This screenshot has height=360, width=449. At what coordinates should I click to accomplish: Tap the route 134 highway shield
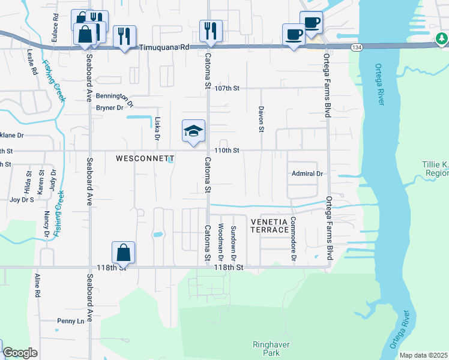click(x=357, y=47)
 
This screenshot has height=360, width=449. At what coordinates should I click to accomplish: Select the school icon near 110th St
click(x=194, y=132)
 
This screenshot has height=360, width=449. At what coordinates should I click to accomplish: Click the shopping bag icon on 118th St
click(x=123, y=253)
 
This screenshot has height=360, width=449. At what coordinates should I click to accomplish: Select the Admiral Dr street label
click(x=307, y=173)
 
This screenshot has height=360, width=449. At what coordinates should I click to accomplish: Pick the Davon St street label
click(x=261, y=119)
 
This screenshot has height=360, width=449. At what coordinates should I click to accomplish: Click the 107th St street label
click(x=228, y=88)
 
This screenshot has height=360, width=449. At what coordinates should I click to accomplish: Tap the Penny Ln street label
click(x=71, y=321)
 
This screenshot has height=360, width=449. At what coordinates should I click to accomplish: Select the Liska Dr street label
click(x=157, y=128)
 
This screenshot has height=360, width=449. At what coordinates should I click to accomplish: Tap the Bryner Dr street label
click(x=109, y=108)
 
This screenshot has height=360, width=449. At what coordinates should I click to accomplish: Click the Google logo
click(x=20, y=353)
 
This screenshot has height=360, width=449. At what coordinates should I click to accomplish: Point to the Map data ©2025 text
click(x=423, y=355)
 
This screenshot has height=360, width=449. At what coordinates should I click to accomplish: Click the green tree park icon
click(x=441, y=40)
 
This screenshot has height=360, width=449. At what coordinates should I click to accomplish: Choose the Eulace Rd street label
click(x=55, y=23)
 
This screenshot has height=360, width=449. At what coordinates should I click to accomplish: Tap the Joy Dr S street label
click(x=21, y=199)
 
